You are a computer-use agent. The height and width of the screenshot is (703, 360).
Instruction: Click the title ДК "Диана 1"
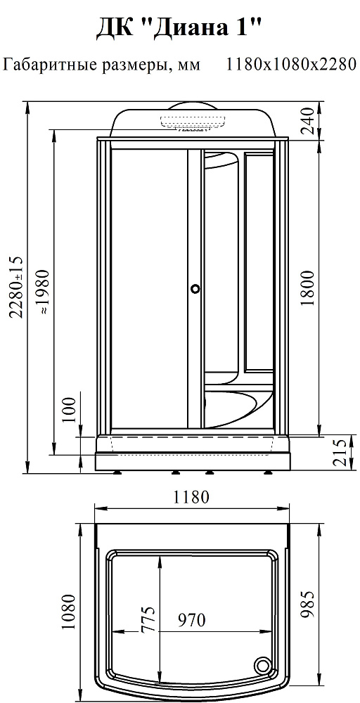pyautogui.click(x=179, y=28)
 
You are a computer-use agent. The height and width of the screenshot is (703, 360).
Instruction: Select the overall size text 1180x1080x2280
pyautogui.click(x=291, y=65)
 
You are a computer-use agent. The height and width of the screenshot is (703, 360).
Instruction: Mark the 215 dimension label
pyautogui.click(x=340, y=453)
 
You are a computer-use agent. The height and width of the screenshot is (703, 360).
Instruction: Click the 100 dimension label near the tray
pyautogui.click(x=69, y=409)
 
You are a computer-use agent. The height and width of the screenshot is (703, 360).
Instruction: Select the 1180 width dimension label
pyautogui.click(x=191, y=497)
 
